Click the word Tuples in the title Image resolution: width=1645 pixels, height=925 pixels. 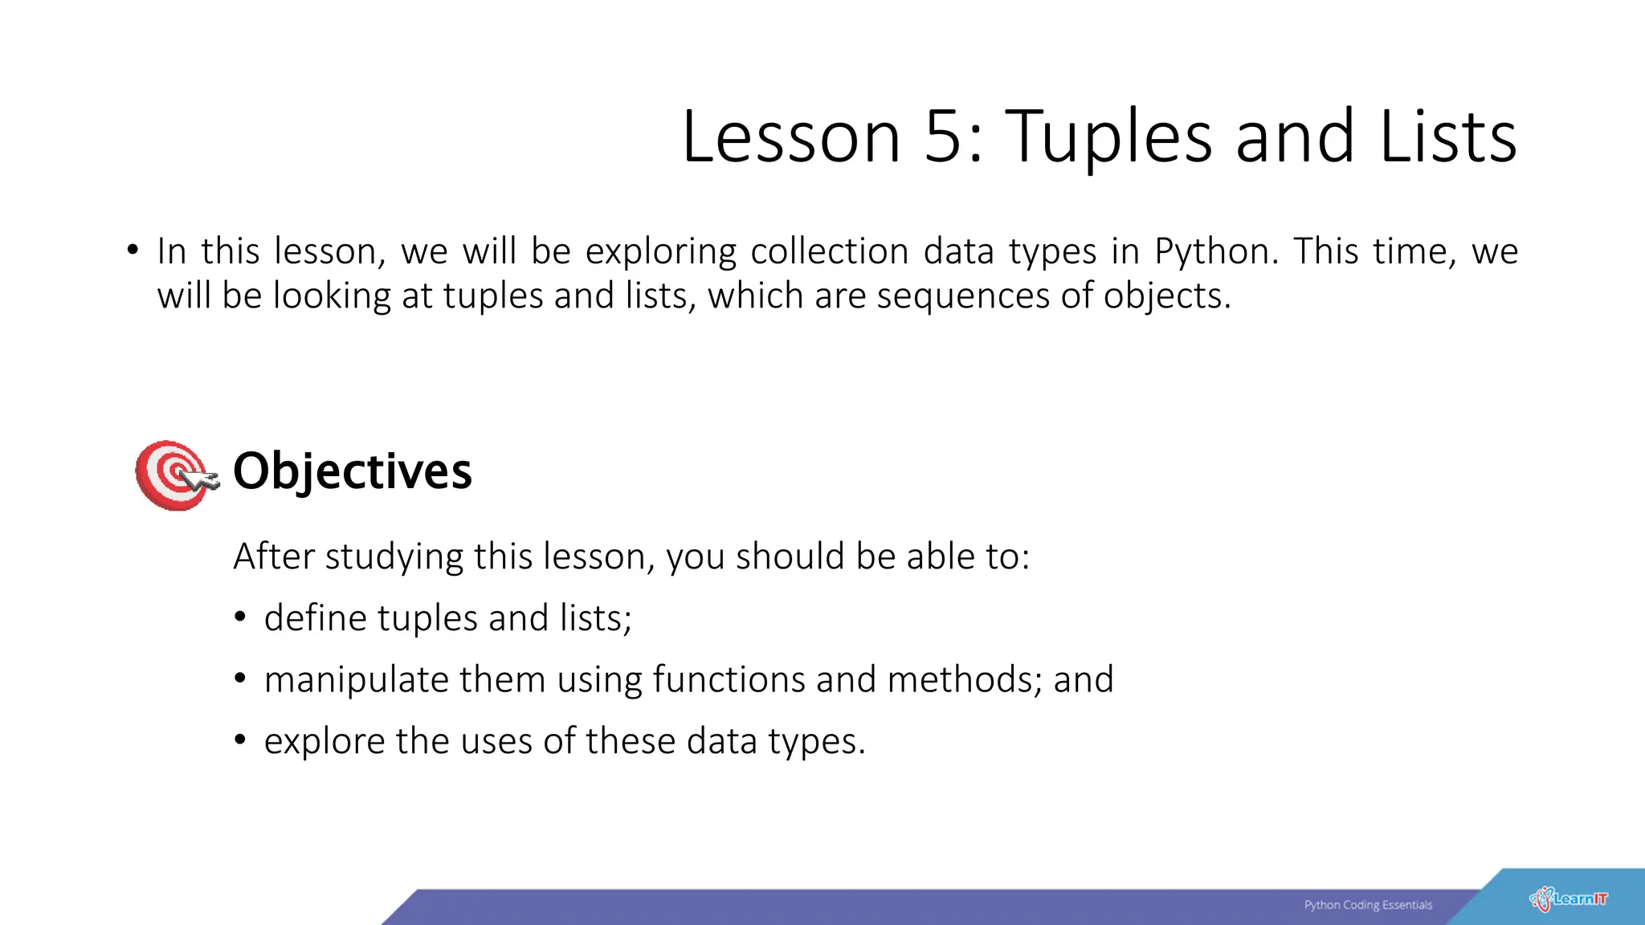pyautogui.click(x=1108, y=137)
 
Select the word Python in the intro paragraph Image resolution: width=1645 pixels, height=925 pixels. pyautogui.click(x=1213, y=252)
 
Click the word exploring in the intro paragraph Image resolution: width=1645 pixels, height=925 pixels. pyautogui.click(x=660, y=252)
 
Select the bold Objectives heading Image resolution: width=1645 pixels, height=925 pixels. pyautogui.click(x=352, y=471)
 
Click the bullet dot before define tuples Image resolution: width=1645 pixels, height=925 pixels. pyautogui.click(x=239, y=617)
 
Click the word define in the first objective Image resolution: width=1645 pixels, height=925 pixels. pyautogui.click(x=315, y=618)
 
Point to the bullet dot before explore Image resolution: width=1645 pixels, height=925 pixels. pyautogui.click(x=239, y=740)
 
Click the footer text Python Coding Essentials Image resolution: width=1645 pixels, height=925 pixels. pyautogui.click(x=1367, y=905)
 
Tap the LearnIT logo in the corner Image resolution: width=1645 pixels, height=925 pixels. pyautogui.click(x=1568, y=899)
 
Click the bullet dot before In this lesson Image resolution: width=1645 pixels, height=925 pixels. pyautogui.click(x=133, y=250)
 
